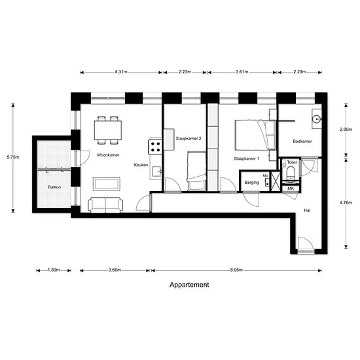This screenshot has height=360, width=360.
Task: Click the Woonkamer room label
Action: pos(108,155)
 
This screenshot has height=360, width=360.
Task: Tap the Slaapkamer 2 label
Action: pos(189,139)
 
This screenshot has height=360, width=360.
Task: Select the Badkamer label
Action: pos(302,141)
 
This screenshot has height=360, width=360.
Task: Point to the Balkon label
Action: pos(54,187)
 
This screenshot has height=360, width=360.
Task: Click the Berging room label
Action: pos(251,183)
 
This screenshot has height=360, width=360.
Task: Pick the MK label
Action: pos(291,189)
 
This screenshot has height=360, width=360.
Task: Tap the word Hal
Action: pos(307,210)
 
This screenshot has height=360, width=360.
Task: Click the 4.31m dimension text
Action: pos(121,72)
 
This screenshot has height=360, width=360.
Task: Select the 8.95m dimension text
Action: pos(236,270)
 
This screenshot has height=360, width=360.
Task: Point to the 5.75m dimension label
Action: pos(13,157)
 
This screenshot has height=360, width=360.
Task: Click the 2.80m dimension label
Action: pos(346,130)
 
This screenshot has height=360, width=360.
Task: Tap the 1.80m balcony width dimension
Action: pos(54,270)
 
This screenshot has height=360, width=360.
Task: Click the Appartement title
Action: pos(189,285)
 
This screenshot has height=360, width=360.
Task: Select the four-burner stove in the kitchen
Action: pos(155,147)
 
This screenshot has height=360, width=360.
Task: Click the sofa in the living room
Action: pos(105,205)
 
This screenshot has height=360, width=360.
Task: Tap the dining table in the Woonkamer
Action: pos(108,130)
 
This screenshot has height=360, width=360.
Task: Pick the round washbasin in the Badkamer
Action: pos(316,119)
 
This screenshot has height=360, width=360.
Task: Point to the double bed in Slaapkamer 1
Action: pos(255,135)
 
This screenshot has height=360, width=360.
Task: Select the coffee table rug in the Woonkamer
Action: pos(106,184)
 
